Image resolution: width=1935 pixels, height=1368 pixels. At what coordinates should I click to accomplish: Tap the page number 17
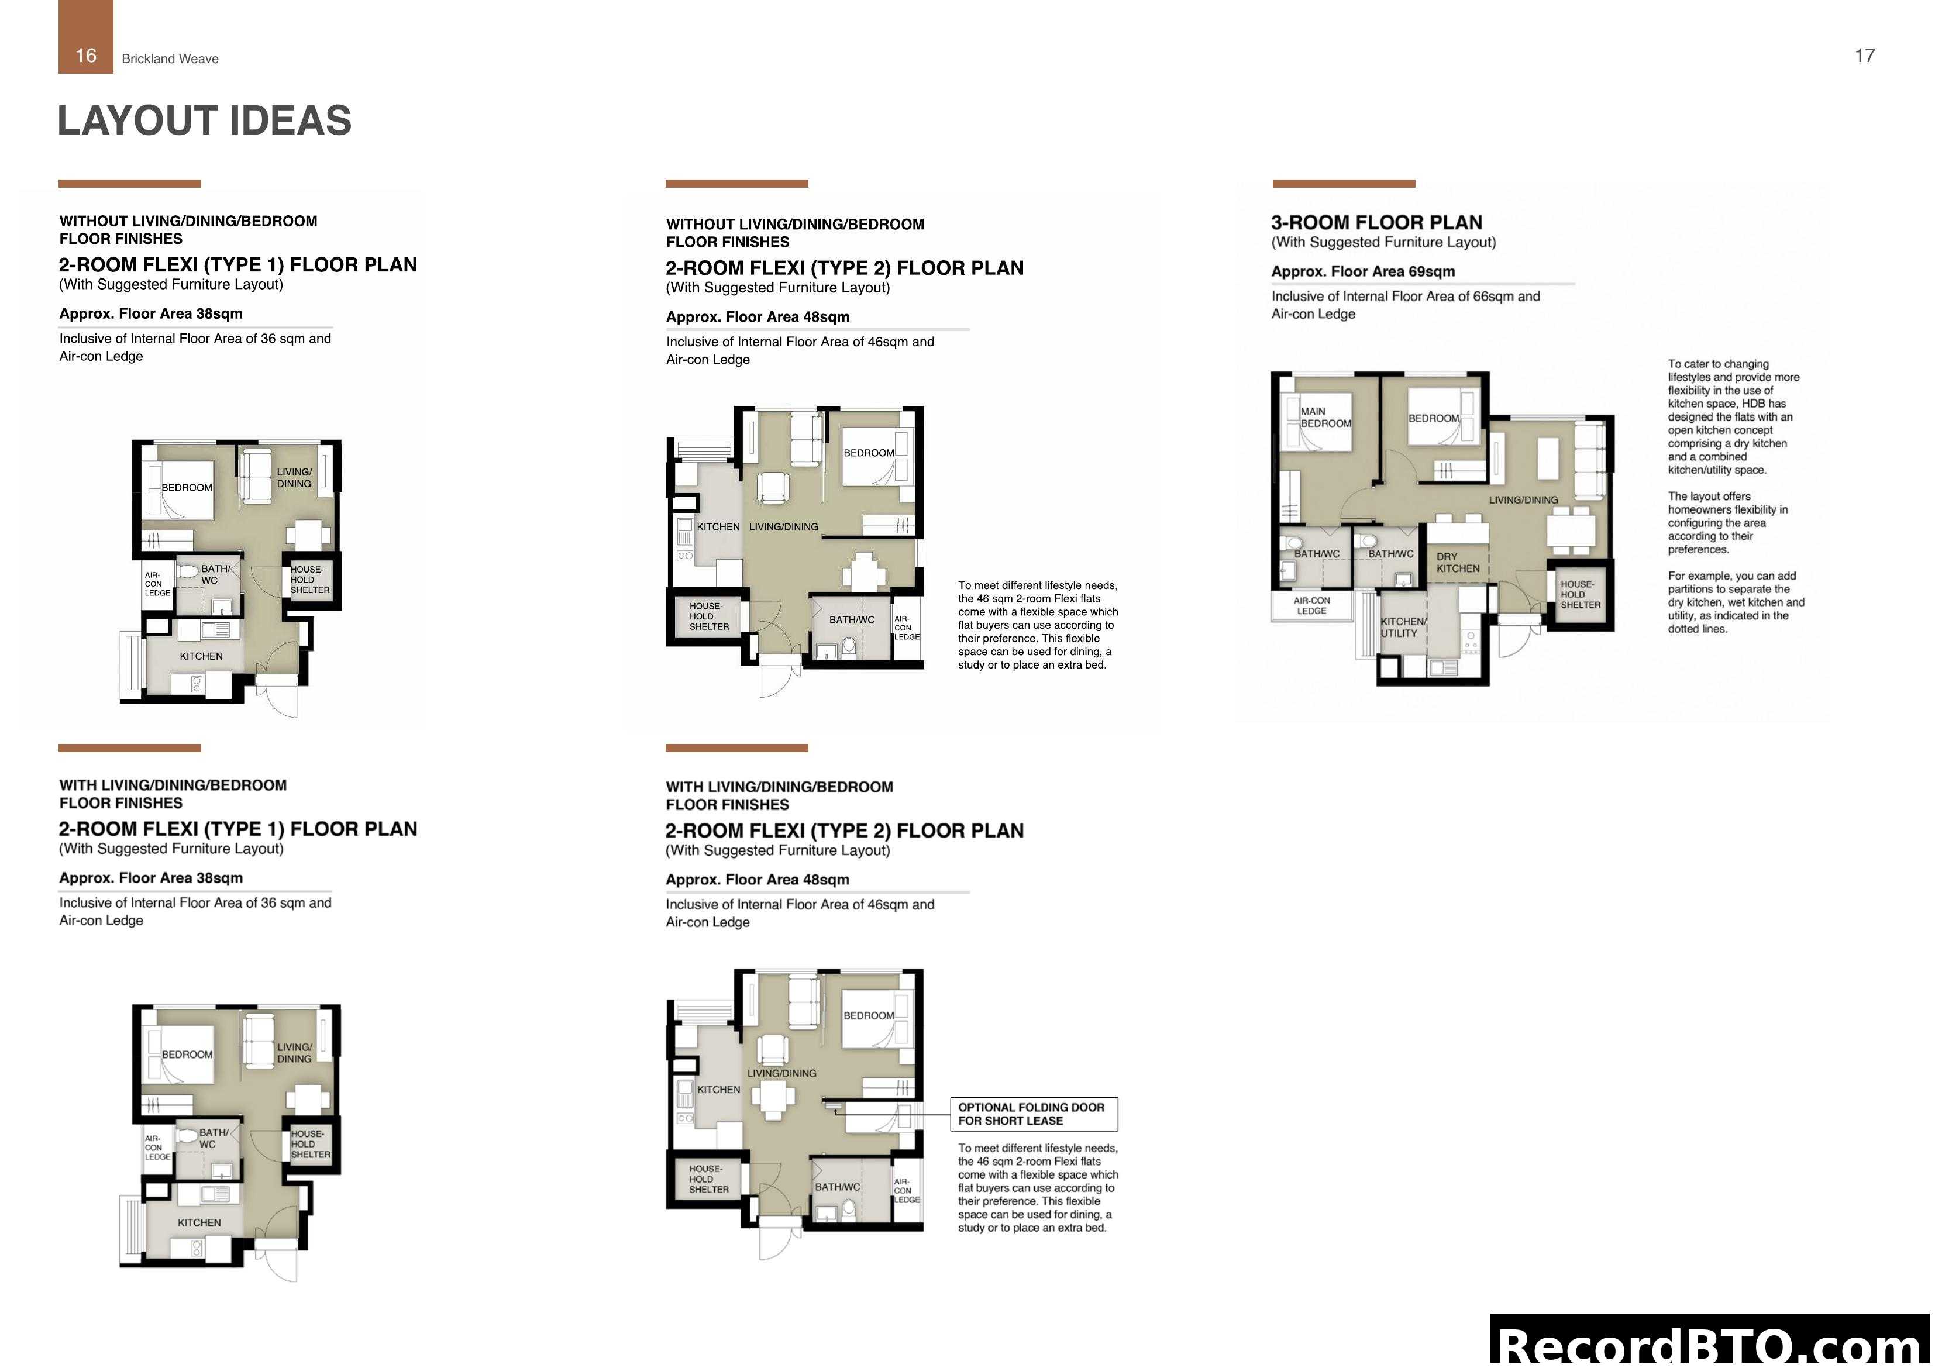point(1864,56)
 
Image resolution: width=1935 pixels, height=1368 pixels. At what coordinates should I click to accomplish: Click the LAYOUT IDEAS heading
point(204,120)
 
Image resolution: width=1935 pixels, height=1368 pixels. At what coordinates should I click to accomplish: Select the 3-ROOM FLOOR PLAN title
point(1376,222)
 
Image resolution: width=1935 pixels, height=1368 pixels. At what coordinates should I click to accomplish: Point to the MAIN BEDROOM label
point(1325,417)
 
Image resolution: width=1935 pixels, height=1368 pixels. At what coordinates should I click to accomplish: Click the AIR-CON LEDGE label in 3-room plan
point(1311,605)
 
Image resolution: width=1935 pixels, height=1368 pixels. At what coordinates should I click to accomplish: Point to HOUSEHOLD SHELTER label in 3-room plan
point(1580,594)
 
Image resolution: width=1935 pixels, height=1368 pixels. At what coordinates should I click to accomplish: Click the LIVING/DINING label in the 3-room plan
point(1523,500)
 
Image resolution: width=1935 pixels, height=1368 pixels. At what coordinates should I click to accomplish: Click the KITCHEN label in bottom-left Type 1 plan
point(199,1222)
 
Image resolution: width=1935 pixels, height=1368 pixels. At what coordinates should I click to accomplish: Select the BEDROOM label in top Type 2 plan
point(869,453)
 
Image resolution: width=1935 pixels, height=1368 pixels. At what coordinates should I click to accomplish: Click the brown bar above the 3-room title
point(1344,184)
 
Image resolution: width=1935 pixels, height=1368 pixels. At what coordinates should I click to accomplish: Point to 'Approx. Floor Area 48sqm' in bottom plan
point(757,879)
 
